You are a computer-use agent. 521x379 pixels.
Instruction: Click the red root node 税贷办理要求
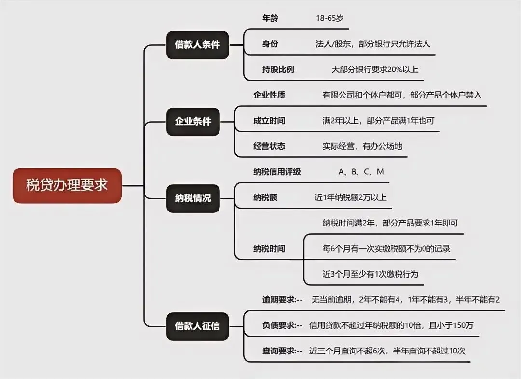coord(67,185)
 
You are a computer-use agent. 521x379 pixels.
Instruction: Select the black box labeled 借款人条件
coord(197,45)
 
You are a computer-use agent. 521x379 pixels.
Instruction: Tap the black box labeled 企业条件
coord(193,121)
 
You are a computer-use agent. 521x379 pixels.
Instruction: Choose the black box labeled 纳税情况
coord(193,198)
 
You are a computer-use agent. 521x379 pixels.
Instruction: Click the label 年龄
coord(270,18)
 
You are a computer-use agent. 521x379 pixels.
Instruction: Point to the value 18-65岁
coord(330,18)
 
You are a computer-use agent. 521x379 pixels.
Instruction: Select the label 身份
coord(270,44)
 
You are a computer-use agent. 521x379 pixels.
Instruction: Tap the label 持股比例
coord(278,69)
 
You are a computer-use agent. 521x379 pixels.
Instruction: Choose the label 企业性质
coord(269,95)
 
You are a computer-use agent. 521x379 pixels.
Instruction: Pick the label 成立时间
coord(269,121)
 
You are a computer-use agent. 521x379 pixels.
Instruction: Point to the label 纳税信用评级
coord(277,172)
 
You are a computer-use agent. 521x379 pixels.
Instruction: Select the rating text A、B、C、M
coord(361,172)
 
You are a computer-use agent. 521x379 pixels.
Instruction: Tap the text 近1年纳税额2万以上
coord(350,197)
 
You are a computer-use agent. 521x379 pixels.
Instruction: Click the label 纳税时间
coord(269,249)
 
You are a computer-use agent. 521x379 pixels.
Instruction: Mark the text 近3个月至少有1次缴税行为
coord(370,274)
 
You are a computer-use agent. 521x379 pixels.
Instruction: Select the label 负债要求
coord(282,325)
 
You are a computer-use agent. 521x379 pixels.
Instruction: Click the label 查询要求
coord(282,351)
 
